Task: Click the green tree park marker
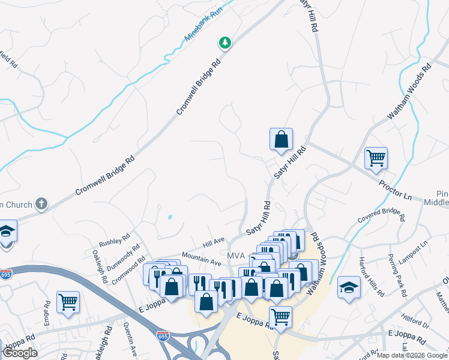point(225,43)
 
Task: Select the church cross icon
point(41,203)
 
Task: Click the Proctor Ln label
point(395,189)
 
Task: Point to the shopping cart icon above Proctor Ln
point(376,158)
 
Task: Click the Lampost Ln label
point(414,253)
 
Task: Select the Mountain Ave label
point(202,258)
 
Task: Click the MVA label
point(236,256)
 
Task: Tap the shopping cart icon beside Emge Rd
point(68,302)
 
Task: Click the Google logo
point(20,353)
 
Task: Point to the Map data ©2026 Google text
point(412,355)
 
